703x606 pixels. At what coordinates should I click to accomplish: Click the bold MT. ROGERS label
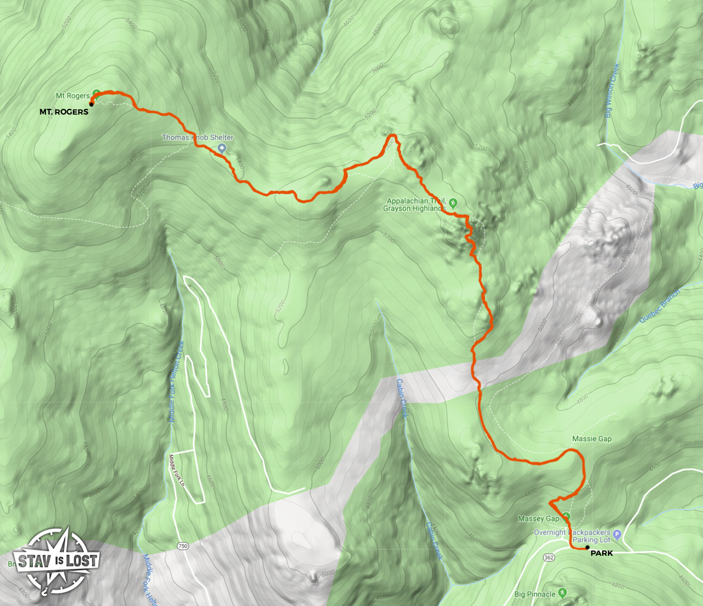pos(64,111)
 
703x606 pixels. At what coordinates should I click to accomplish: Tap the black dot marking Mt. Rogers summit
pos(91,104)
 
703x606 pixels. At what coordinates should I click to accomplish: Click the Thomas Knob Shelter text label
pos(197,138)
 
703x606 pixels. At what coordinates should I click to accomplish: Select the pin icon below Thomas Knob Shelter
pos(222,148)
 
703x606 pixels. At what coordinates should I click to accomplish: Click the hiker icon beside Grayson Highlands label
pos(453,203)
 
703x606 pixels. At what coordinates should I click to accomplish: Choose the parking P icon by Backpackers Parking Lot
pos(617,534)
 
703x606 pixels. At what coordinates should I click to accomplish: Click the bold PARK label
pos(601,553)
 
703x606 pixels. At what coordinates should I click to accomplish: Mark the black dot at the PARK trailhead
pos(587,548)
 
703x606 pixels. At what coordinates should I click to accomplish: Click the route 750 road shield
pos(184,546)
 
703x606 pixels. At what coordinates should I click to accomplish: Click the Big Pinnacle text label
pos(536,594)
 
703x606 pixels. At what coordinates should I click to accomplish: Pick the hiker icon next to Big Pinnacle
pos(562,592)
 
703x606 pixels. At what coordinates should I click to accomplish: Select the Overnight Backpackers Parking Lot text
pos(573,537)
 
